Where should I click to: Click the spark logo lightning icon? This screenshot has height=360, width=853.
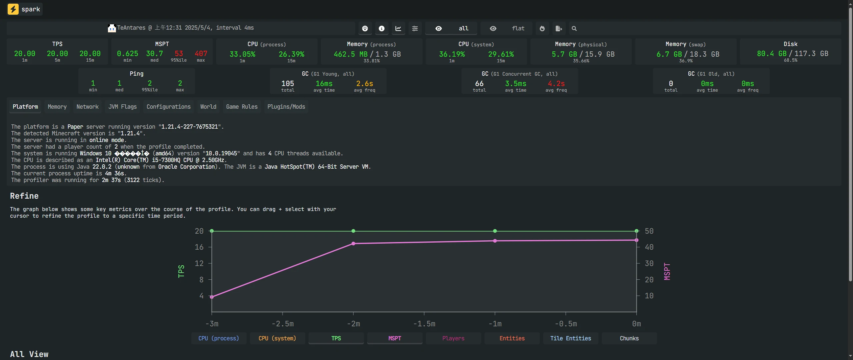(13, 9)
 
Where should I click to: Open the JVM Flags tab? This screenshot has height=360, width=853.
(122, 107)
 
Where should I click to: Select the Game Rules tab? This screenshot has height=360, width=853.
(242, 107)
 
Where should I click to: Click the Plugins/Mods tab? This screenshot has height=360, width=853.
(286, 107)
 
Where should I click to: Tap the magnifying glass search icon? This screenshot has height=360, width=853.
(574, 29)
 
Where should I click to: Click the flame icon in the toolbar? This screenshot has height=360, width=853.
(542, 29)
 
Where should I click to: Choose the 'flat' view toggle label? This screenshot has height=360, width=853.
(518, 29)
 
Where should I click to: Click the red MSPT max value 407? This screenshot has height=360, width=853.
(201, 54)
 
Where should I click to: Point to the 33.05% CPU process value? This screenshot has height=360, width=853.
(242, 54)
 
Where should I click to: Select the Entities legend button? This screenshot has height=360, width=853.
(512, 338)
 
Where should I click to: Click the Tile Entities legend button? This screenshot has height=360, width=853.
(570, 338)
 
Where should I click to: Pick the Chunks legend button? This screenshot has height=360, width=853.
(629, 338)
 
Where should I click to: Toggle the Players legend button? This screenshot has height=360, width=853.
(453, 338)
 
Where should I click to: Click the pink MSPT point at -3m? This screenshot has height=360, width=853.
(212, 297)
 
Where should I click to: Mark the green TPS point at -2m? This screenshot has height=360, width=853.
(353, 231)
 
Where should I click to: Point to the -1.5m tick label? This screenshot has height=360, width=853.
(424, 324)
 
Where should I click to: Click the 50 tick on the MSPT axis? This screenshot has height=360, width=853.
(649, 231)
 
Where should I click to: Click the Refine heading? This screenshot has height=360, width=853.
(24, 196)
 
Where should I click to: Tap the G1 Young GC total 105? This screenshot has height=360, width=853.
(288, 83)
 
